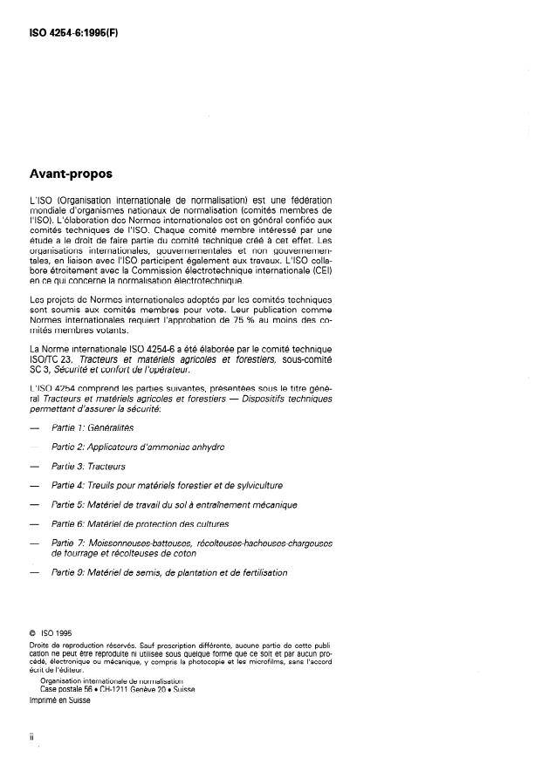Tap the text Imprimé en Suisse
click(60, 699)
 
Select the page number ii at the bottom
click(31, 737)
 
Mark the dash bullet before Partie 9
click(34, 572)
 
